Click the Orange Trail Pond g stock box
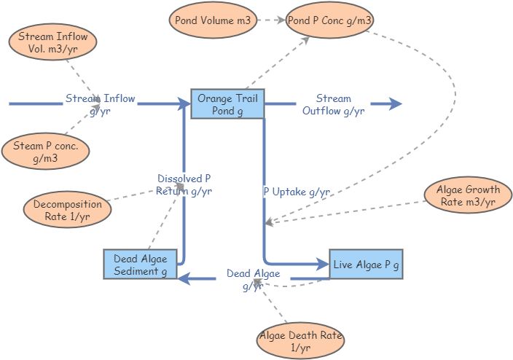click(227, 104)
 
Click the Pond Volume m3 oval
click(213, 20)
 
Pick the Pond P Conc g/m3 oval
click(329, 20)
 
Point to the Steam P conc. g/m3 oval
click(45, 152)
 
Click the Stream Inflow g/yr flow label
click(101, 104)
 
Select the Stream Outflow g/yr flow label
click(333, 104)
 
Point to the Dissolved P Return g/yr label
click(184, 184)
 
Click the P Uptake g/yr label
click(297, 192)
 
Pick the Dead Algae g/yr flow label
click(252, 279)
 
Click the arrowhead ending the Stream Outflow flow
click(396, 104)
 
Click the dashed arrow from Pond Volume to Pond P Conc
click(270, 20)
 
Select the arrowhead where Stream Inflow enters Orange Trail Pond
click(184, 104)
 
